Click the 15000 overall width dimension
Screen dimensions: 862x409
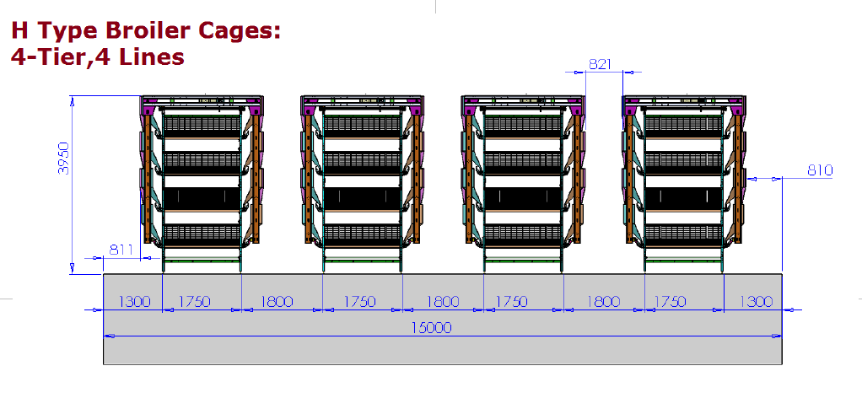432,328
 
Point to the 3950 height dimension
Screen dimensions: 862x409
64,159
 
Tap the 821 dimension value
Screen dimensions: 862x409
601,64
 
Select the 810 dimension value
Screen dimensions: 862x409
820,170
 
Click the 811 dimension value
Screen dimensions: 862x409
121,250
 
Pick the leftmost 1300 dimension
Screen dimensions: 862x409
134,301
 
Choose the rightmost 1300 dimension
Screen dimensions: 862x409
757,301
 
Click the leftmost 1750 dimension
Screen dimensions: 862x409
194,301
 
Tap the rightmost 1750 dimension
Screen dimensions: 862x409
671,301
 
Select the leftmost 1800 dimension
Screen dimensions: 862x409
277,301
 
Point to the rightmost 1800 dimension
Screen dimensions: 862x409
604,301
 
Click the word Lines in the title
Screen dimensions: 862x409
153,56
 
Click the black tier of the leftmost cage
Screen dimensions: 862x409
202,198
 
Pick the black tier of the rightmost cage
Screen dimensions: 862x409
683,198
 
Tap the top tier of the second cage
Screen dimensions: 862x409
363,126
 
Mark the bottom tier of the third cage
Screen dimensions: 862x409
523,234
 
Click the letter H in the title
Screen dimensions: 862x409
19,31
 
